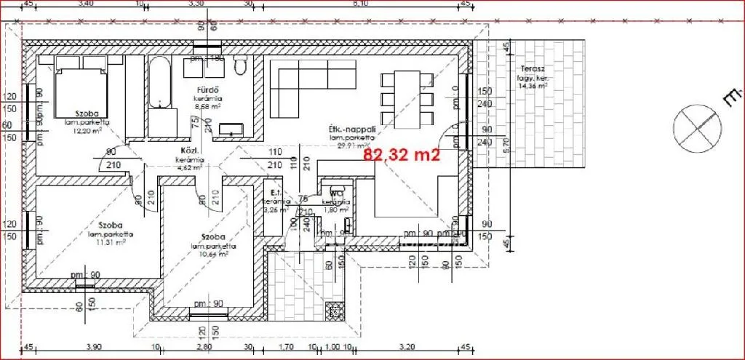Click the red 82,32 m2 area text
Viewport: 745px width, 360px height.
402,154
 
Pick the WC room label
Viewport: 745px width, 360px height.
337,193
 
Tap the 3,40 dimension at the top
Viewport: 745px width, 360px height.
84,4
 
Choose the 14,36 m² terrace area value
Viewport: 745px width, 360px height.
533,86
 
